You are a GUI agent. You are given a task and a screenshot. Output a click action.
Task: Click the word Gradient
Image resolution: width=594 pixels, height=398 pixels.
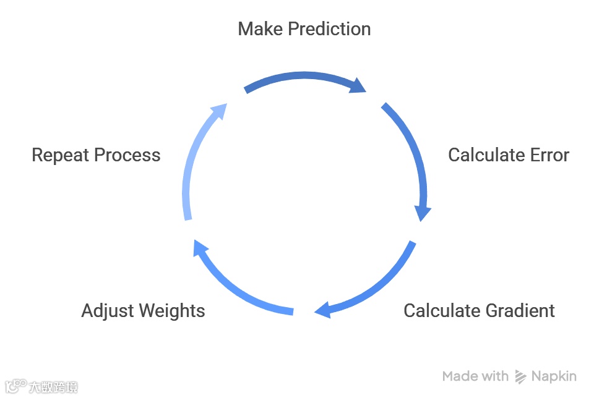coord(517,310)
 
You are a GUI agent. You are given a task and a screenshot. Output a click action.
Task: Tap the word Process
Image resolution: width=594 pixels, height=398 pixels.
coord(131,155)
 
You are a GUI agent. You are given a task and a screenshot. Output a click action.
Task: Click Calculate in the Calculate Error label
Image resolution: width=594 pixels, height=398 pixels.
coord(486,155)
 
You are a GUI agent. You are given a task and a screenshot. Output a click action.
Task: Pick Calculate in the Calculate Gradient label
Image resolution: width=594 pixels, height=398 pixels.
coord(442,310)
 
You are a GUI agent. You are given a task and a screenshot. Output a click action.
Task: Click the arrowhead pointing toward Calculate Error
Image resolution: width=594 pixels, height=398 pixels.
coord(358,86)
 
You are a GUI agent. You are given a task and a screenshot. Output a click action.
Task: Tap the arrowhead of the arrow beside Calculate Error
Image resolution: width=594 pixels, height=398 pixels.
coord(423,212)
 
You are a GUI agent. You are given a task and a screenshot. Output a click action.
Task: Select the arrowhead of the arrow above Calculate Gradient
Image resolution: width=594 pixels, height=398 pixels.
coord(324,310)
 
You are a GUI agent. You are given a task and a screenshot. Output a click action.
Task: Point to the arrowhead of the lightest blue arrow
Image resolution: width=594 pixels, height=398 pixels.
coord(218,112)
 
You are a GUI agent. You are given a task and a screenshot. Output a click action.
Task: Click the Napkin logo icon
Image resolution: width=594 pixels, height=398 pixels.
coord(521,376)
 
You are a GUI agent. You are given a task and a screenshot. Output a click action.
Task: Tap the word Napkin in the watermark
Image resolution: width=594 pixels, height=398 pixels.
coord(554,376)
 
